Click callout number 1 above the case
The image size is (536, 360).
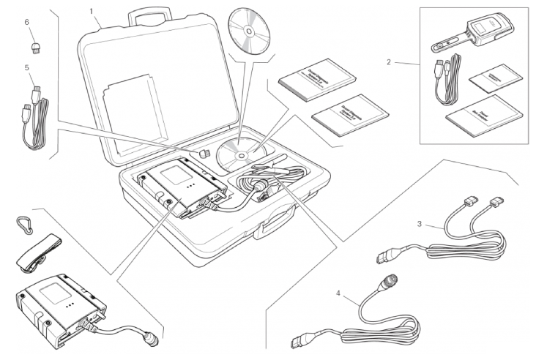(91, 11)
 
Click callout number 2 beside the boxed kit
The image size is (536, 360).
(389, 62)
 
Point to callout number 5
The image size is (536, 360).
(26, 68)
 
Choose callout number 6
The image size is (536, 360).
(26, 22)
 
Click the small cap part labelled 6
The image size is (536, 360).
(34, 48)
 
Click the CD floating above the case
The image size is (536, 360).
(250, 31)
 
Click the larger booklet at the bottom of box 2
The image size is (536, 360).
(483, 114)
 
